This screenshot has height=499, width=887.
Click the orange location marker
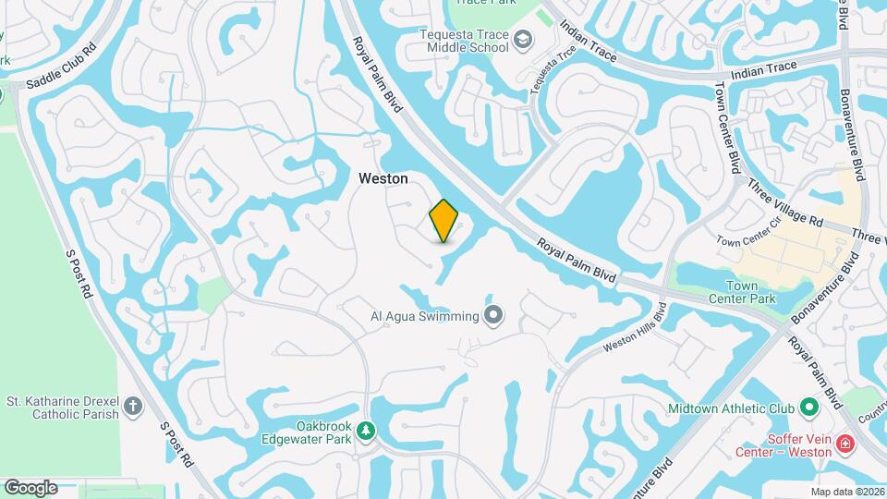click(444, 220)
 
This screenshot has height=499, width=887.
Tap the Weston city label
click(383, 178)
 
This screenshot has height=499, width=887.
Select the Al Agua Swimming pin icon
click(494, 316)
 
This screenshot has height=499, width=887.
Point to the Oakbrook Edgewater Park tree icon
click(367, 432)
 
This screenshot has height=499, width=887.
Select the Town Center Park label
click(741, 292)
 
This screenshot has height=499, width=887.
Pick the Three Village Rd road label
click(785, 204)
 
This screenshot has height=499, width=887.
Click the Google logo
click(30, 487)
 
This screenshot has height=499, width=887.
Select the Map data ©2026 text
click(846, 492)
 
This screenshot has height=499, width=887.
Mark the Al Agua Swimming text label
click(425, 317)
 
